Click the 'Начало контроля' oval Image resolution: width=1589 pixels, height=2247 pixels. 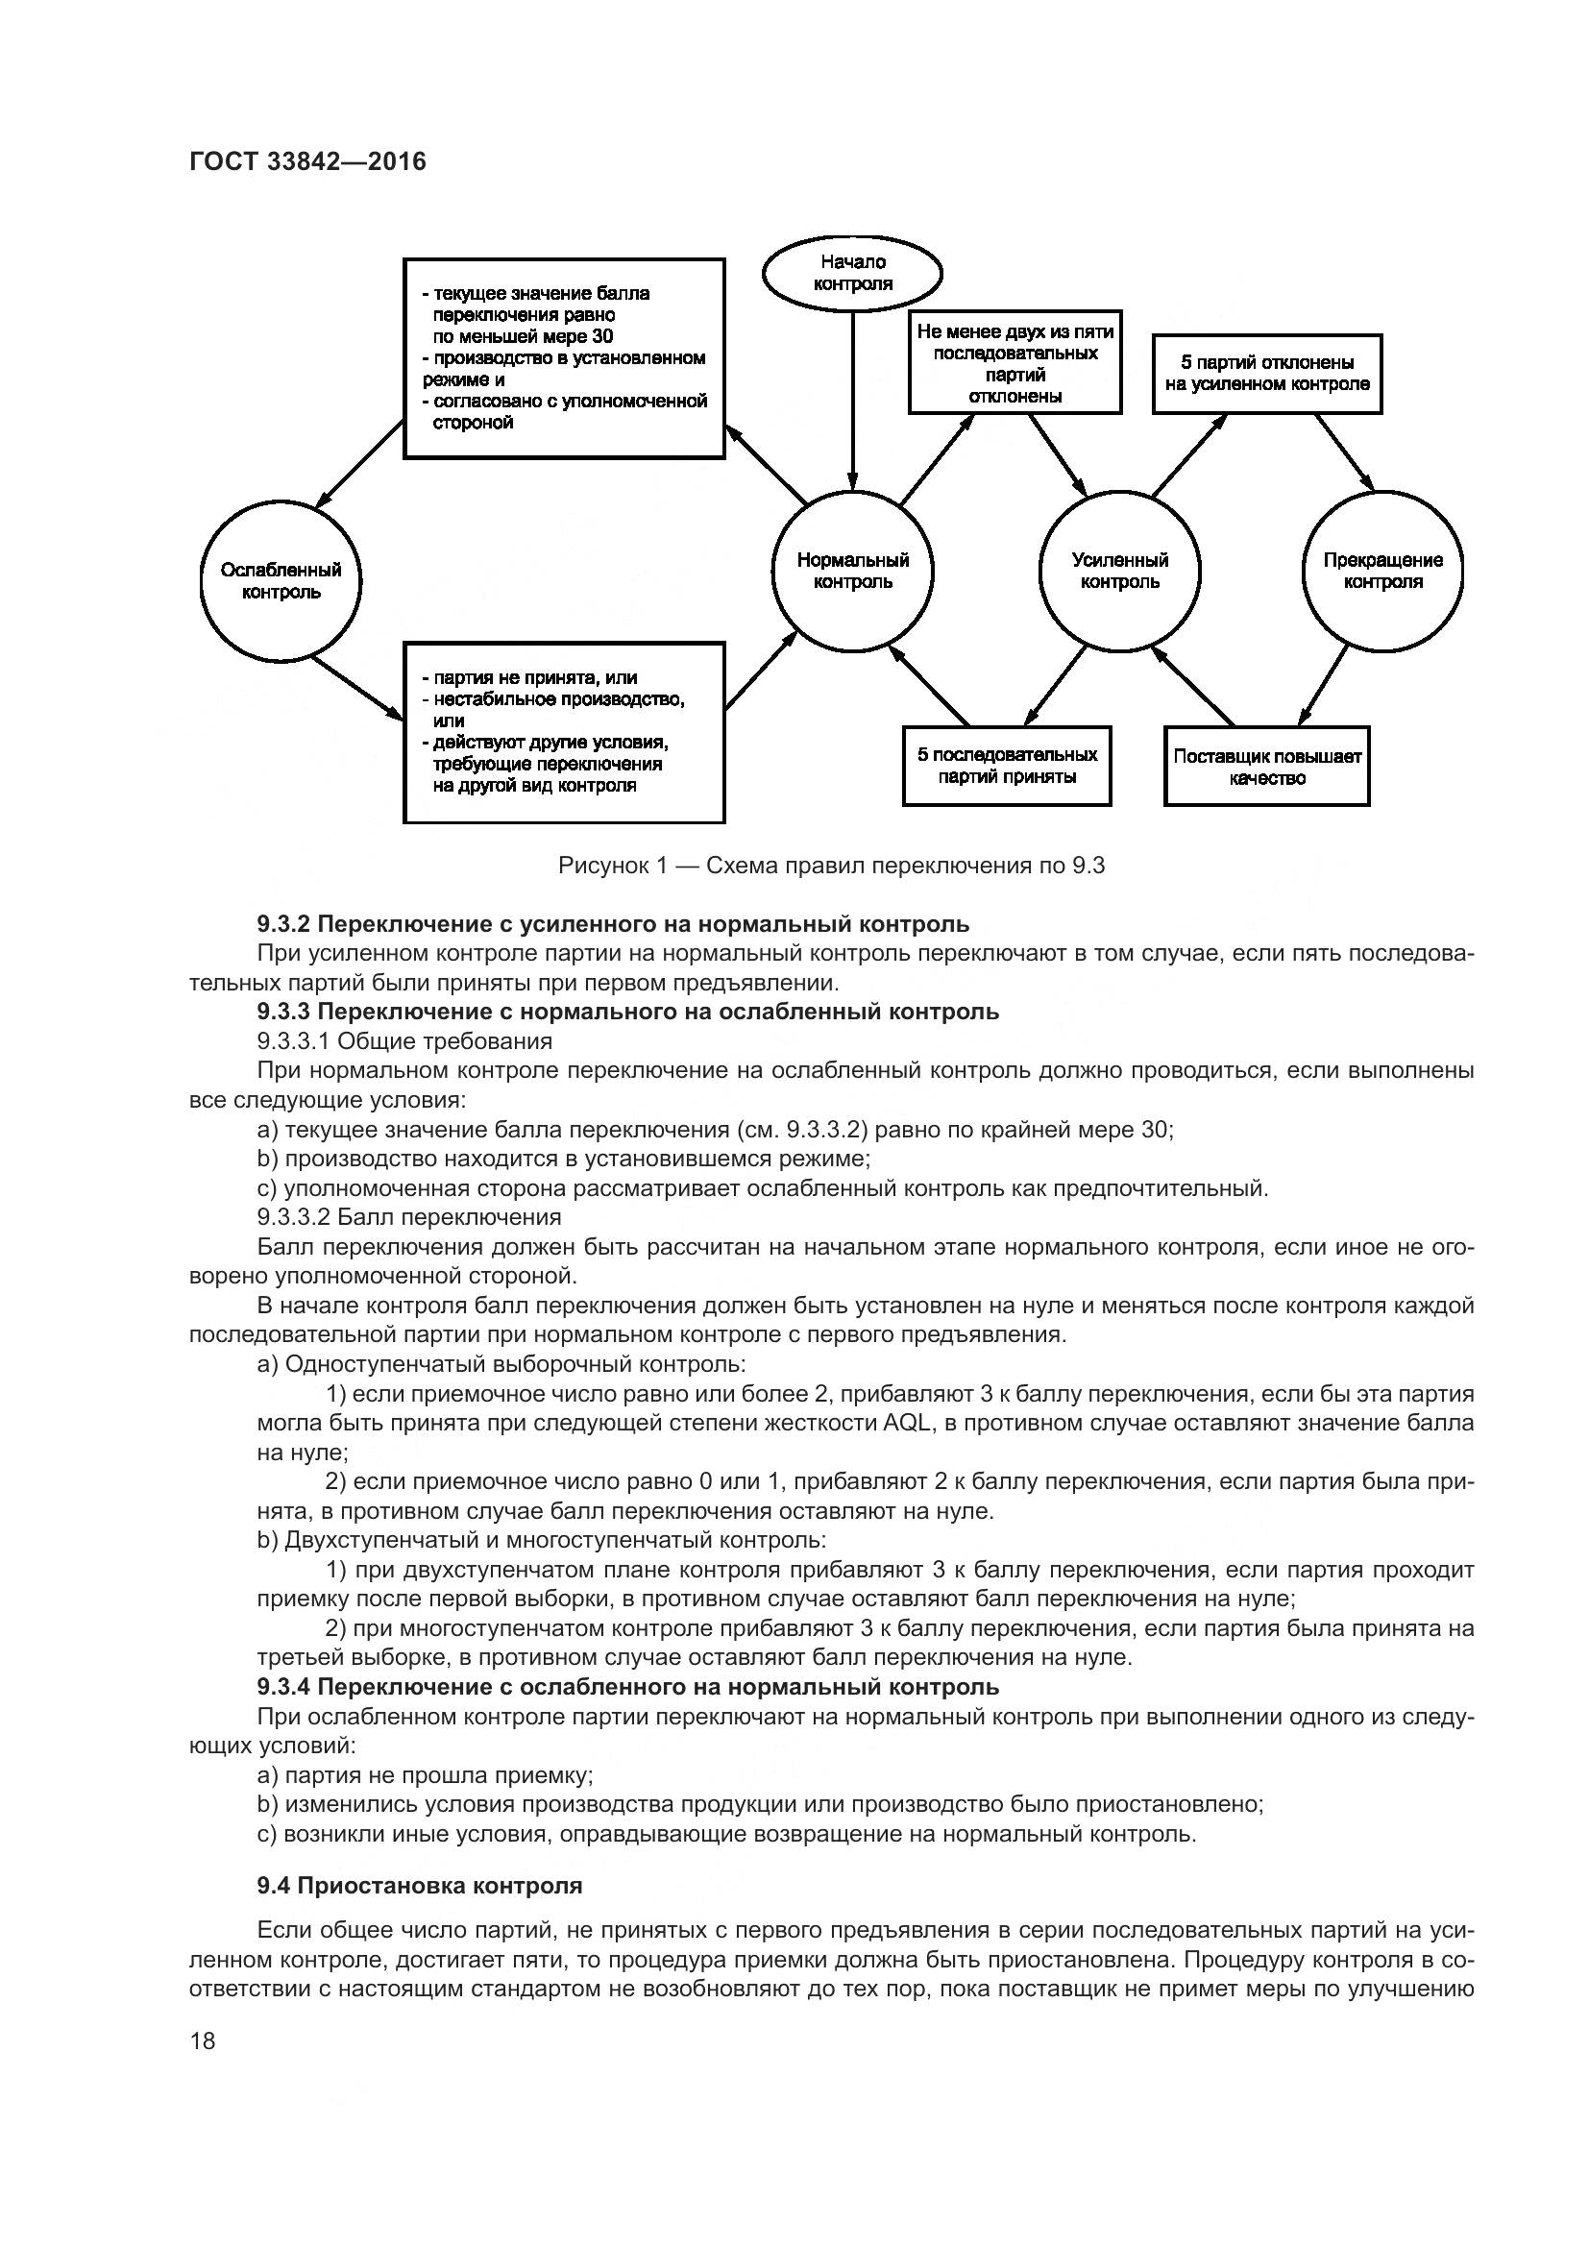point(852,273)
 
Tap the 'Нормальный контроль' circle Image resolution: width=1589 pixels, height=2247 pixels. point(852,572)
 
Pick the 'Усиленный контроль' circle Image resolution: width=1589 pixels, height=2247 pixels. point(1119,572)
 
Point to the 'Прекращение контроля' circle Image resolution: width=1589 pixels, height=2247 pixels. point(1382,572)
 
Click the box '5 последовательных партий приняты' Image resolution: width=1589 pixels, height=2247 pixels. point(1007,767)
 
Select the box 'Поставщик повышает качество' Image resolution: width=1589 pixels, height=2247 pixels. point(1267,767)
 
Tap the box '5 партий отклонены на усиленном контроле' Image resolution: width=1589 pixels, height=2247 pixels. point(1267,374)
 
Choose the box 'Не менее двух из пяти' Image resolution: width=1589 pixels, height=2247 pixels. point(1015,363)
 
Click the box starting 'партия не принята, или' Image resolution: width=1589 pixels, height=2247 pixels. point(565,732)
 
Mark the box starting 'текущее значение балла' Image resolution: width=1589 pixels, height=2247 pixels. point(565,358)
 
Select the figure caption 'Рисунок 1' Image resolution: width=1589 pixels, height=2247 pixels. point(831,866)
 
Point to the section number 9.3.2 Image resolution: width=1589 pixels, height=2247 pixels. point(283,924)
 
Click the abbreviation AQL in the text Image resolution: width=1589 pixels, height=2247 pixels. point(909,1422)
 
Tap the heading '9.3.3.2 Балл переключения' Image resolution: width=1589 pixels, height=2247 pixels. point(409,1216)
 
